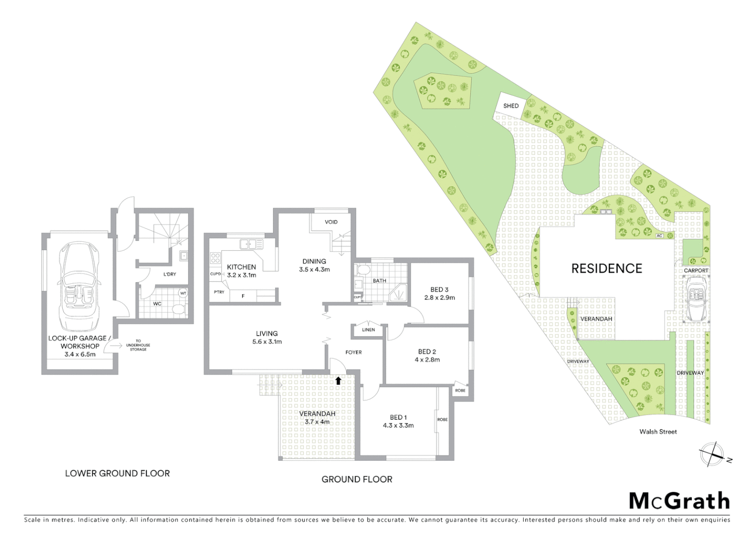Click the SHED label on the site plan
[x=511, y=106]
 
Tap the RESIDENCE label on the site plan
[x=606, y=268]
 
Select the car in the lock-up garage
[x=79, y=287]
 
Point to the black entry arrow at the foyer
[x=338, y=380]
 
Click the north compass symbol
[x=712, y=454]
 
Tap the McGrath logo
[x=679, y=501]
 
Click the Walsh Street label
[x=658, y=432]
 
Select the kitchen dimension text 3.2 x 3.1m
[x=242, y=275]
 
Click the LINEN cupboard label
[x=368, y=330]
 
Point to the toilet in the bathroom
[x=363, y=270]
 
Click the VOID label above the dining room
[x=331, y=222]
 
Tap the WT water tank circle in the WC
[x=183, y=293]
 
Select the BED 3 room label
[x=439, y=290]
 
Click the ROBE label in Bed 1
[x=442, y=420]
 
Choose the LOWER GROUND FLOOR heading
[x=117, y=473]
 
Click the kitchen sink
[x=251, y=244]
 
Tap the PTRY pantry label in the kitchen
[x=219, y=292]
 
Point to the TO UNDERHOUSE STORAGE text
[x=138, y=345]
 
